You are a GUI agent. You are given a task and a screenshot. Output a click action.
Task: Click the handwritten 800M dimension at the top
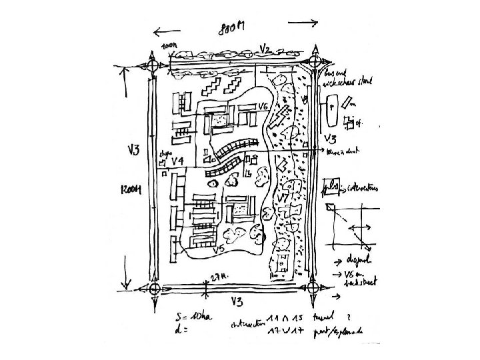(232, 28)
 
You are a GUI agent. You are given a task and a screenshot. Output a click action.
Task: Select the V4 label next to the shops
(177, 161)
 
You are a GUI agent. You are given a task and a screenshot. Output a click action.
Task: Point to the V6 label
(263, 107)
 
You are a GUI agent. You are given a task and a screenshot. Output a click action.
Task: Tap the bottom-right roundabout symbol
(311, 287)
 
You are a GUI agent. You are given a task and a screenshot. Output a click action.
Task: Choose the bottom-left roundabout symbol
(154, 289)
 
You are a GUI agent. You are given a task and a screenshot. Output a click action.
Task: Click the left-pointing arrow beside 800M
(167, 30)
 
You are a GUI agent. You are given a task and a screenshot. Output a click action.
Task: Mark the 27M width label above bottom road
(218, 275)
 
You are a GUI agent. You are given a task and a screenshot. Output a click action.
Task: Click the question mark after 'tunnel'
(349, 316)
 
